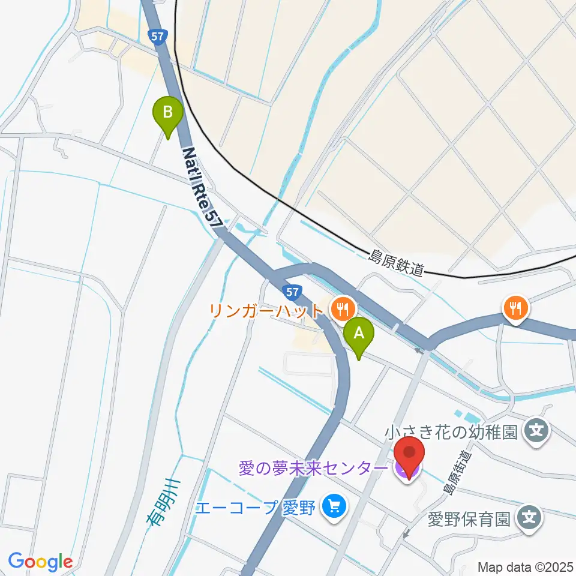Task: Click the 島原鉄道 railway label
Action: (395, 262)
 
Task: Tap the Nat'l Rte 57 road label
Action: (202, 187)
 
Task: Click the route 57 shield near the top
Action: (157, 37)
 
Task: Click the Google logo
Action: (40, 561)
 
